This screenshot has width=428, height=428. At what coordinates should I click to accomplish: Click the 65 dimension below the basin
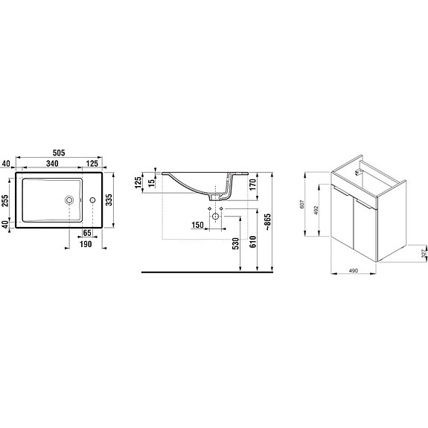pyautogui.click(x=88, y=234)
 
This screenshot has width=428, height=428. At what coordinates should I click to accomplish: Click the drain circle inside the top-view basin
pyautogui.click(x=70, y=199)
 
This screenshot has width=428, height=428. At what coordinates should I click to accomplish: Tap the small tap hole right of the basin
pyautogui.click(x=92, y=199)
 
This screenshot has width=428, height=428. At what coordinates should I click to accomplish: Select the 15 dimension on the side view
pyautogui.click(x=152, y=182)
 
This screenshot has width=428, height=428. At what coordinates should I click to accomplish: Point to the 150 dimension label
pyautogui.click(x=198, y=225)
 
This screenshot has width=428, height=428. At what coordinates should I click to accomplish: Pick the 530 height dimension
pyautogui.click(x=236, y=243)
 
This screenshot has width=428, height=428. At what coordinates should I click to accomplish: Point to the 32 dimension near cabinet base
pyautogui.click(x=423, y=255)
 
